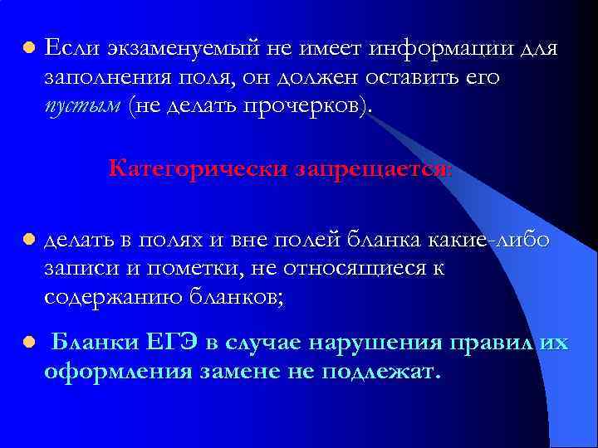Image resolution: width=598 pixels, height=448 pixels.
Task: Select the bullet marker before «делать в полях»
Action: [x=27, y=240]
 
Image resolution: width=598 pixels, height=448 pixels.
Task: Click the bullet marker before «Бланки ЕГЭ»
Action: [x=27, y=341]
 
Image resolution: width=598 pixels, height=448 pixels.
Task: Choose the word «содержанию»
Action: [x=114, y=297]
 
